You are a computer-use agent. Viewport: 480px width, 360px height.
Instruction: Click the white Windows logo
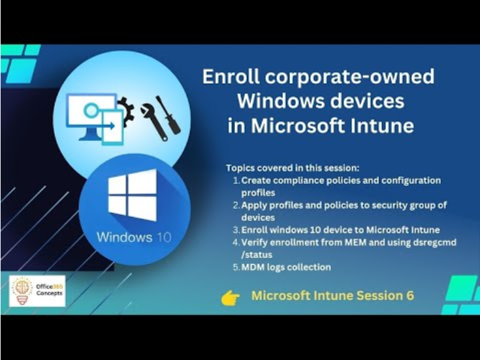[x=133, y=195]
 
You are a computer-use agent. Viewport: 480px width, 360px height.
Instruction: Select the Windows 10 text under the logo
[x=134, y=237]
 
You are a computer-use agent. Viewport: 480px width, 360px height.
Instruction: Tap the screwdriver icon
[x=168, y=115]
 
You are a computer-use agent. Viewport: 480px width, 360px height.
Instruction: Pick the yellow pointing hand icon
[x=231, y=298]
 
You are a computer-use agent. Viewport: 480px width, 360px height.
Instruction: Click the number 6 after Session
[x=410, y=295]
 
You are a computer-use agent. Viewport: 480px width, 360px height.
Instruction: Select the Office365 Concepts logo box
[x=37, y=291]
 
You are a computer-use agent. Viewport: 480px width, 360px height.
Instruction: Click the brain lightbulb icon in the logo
[x=22, y=291]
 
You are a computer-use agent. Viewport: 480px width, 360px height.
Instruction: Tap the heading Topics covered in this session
[x=293, y=168]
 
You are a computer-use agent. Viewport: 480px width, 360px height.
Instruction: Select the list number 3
[x=236, y=230]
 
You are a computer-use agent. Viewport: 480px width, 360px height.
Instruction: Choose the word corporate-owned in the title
[x=349, y=76]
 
